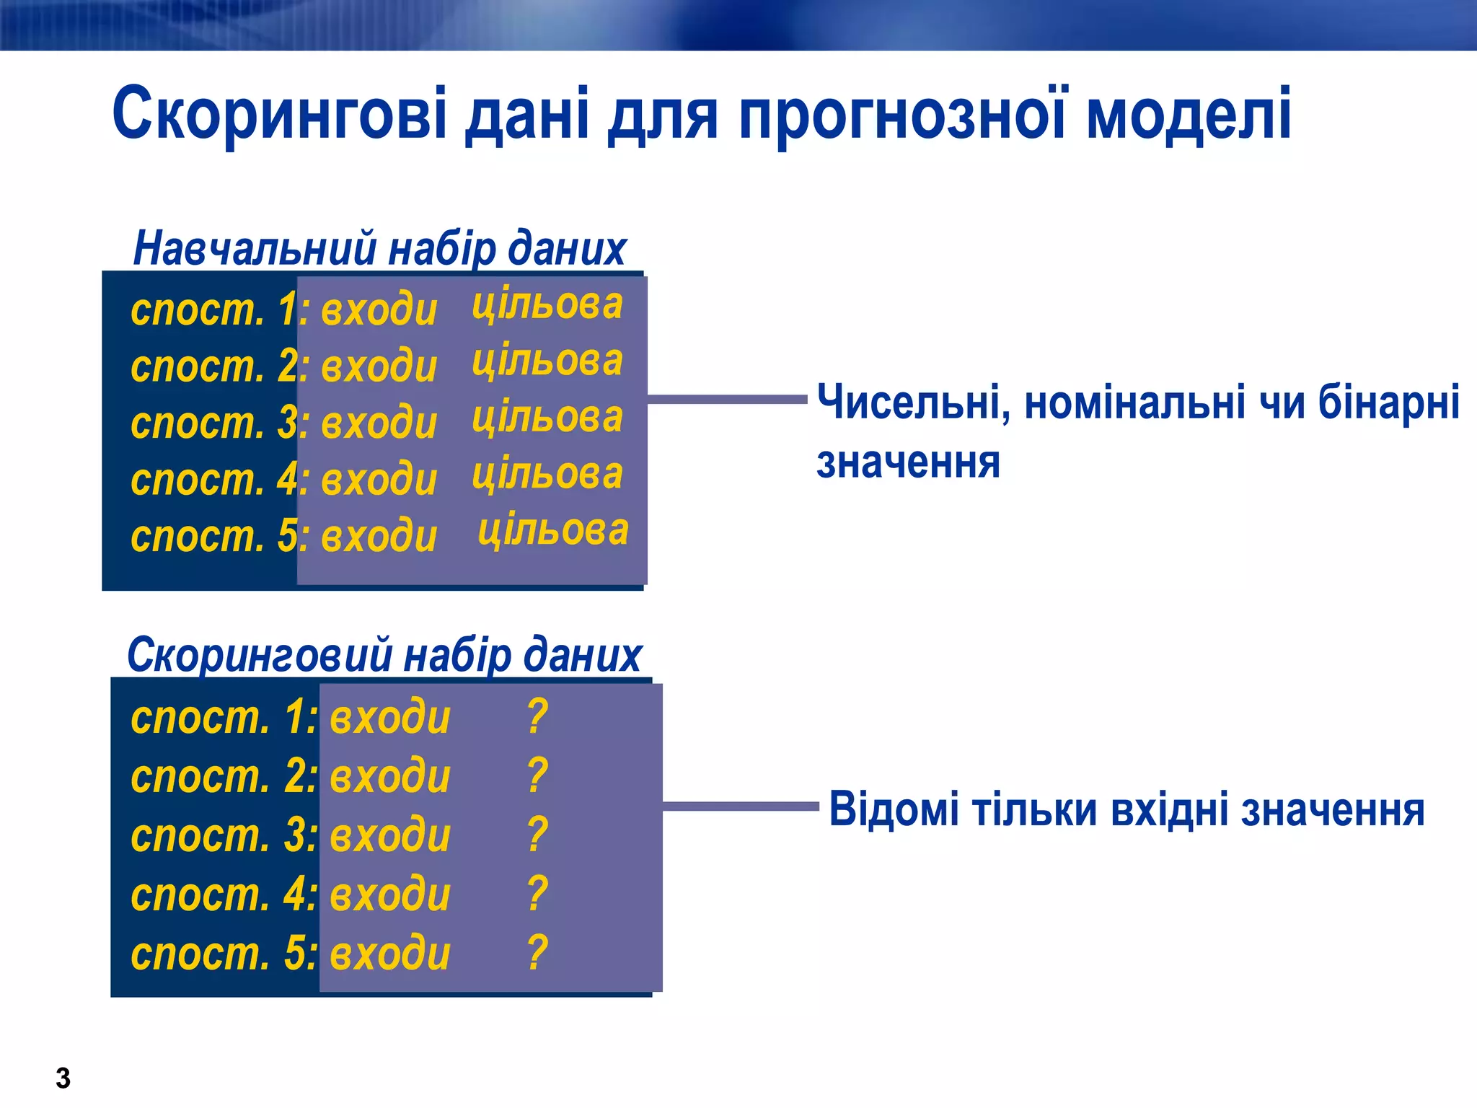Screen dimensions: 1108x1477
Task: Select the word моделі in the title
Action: point(1188,114)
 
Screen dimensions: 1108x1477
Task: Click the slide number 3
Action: point(63,1078)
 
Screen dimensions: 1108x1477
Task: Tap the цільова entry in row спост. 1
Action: point(547,304)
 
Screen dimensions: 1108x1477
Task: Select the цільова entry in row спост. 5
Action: point(553,531)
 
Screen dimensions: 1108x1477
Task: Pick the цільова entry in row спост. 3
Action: point(547,418)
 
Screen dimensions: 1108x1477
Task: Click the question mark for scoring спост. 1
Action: point(537,716)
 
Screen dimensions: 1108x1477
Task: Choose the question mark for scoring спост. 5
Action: point(537,952)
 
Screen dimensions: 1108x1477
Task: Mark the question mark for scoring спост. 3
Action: point(537,835)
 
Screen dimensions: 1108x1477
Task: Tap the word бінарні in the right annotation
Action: point(1388,401)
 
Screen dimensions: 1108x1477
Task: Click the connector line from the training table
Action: point(727,398)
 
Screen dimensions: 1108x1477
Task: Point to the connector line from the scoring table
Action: point(741,806)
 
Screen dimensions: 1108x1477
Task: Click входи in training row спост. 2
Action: point(379,366)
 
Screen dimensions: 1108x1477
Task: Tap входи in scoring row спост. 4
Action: point(390,894)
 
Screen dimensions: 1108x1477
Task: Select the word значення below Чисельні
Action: point(908,462)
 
